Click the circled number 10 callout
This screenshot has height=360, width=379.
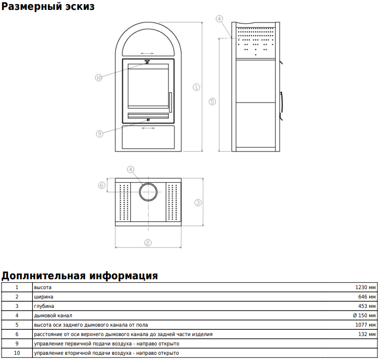(x=99, y=78)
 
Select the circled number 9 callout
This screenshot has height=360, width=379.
(x=100, y=133)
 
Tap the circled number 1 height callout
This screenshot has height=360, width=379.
(x=196, y=87)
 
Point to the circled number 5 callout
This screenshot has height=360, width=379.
(x=212, y=102)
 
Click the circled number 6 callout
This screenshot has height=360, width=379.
(x=102, y=185)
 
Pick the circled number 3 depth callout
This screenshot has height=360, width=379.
(x=198, y=203)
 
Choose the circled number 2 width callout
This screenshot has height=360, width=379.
(x=148, y=243)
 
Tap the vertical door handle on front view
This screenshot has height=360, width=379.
(x=170, y=102)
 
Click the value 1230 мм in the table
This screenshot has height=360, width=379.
(x=365, y=287)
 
